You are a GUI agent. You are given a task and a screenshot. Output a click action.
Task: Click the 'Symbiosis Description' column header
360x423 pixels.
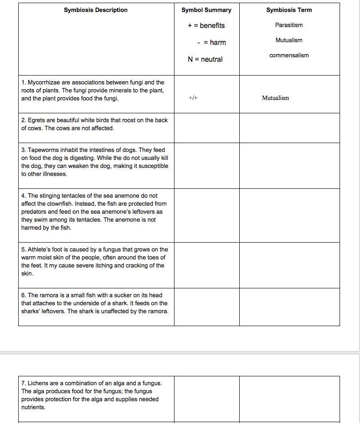pyautogui.click(x=95, y=10)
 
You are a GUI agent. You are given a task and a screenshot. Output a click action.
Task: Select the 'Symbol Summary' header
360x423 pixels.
pyautogui.click(x=206, y=10)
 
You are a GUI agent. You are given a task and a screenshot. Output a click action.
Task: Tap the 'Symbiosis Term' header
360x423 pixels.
pyautogui.click(x=289, y=10)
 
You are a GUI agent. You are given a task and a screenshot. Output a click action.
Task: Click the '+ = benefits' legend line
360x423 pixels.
pyautogui.click(x=206, y=25)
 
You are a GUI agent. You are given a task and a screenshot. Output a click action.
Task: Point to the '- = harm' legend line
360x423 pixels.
pyautogui.click(x=212, y=42)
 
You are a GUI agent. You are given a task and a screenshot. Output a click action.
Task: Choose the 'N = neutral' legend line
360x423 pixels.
pyautogui.click(x=205, y=59)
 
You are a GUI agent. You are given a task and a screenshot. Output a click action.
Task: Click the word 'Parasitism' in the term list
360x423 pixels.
pyautogui.click(x=289, y=25)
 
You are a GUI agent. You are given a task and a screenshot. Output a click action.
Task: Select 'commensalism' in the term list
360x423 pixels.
pyautogui.click(x=289, y=55)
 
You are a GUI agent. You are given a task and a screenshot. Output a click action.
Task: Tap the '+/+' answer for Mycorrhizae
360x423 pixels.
pyautogui.click(x=193, y=98)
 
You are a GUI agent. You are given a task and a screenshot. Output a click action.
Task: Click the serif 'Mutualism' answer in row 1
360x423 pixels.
pyautogui.click(x=275, y=98)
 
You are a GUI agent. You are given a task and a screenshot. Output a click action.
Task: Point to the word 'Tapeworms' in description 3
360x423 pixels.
pyautogui.click(x=43, y=150)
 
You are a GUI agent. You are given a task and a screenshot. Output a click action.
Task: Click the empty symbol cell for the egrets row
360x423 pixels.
pyautogui.click(x=206, y=128)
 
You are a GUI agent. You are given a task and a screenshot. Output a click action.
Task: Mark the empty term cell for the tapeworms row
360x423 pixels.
pyautogui.click(x=289, y=165)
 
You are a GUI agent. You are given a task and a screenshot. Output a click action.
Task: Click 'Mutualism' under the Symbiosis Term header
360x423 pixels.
pyautogui.click(x=289, y=40)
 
